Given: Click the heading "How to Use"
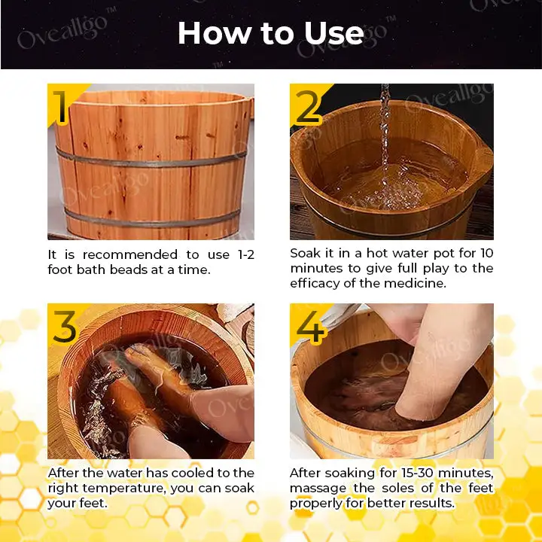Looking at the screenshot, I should point(270,33).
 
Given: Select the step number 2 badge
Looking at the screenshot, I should point(307,108).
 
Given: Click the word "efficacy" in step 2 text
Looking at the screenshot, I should point(315,283).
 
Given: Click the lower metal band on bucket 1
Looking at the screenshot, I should point(151,218).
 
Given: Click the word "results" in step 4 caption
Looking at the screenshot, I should point(430,502).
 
